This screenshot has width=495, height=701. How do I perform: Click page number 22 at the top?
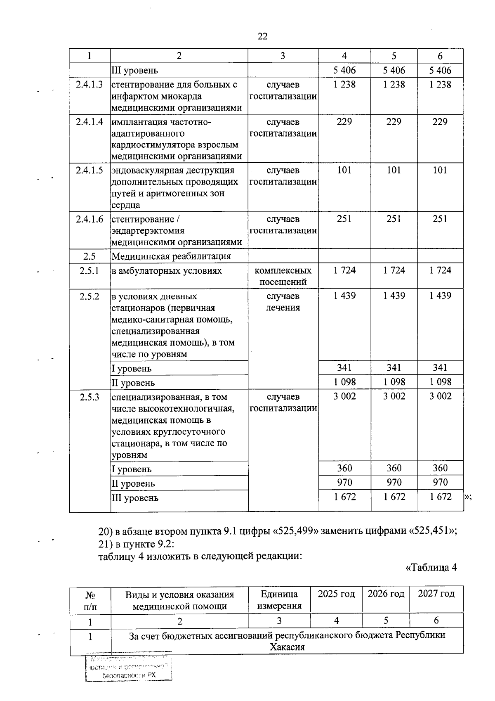tap(262, 36)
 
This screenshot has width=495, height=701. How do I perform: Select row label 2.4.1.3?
tap(90, 85)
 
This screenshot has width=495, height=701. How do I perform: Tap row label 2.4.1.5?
tap(90, 170)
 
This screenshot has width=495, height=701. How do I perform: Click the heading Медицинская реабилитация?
tap(171, 256)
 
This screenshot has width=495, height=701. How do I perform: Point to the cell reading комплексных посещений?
tap(283, 276)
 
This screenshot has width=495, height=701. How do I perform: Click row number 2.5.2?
tap(90, 296)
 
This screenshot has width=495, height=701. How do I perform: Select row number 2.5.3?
tap(90, 397)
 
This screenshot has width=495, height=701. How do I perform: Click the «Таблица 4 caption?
tap(431, 567)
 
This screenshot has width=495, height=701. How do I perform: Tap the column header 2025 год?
tap(336, 594)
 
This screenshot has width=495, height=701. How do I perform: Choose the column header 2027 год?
tap(436, 594)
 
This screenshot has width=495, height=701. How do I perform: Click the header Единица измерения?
tap(279, 600)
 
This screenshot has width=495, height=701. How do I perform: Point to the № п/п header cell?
tap(90, 600)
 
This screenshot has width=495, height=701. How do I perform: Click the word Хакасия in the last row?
tap(287, 647)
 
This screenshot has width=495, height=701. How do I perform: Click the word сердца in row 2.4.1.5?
tap(126, 205)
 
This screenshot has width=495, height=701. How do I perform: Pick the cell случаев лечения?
tap(283, 302)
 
